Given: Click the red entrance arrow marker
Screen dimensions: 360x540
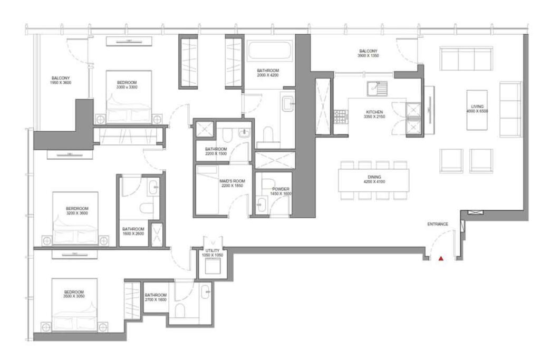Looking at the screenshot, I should tap(441, 258).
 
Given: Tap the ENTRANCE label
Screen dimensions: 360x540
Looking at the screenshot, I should tap(438, 224).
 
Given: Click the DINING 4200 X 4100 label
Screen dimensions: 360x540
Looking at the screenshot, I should tap(375, 180).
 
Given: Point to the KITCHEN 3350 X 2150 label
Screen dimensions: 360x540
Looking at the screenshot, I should tap(374, 114).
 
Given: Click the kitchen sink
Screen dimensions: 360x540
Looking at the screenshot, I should tap(378, 88).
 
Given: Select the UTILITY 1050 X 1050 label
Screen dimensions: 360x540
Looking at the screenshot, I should tap(212, 252).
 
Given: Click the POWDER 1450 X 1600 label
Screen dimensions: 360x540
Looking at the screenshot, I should tap(281, 191).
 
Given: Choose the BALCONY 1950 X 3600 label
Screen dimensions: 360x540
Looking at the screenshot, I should tap(61, 80).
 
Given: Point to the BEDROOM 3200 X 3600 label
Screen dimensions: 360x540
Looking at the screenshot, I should tap(76, 210).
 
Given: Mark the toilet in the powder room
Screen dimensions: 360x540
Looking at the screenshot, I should tap(262, 202).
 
